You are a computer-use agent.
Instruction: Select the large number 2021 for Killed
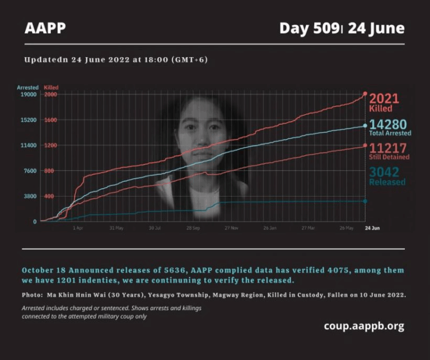(x=384, y=99)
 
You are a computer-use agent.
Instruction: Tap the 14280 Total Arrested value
(x=388, y=124)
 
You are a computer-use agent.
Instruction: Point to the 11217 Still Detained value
(x=388, y=148)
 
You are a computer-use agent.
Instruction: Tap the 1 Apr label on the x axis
(x=78, y=228)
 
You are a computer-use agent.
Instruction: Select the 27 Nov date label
(x=231, y=228)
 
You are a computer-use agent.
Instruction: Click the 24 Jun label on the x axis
(x=372, y=228)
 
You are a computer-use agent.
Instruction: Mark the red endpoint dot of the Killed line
(x=365, y=93)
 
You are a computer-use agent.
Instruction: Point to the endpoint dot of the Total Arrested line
(x=365, y=126)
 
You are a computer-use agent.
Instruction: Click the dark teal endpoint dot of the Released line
(x=365, y=201)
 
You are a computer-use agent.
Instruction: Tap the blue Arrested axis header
(x=27, y=88)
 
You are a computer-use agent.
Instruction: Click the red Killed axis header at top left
(x=51, y=88)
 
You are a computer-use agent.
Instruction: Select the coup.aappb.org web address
(x=363, y=326)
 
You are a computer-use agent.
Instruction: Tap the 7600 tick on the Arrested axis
(x=29, y=171)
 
